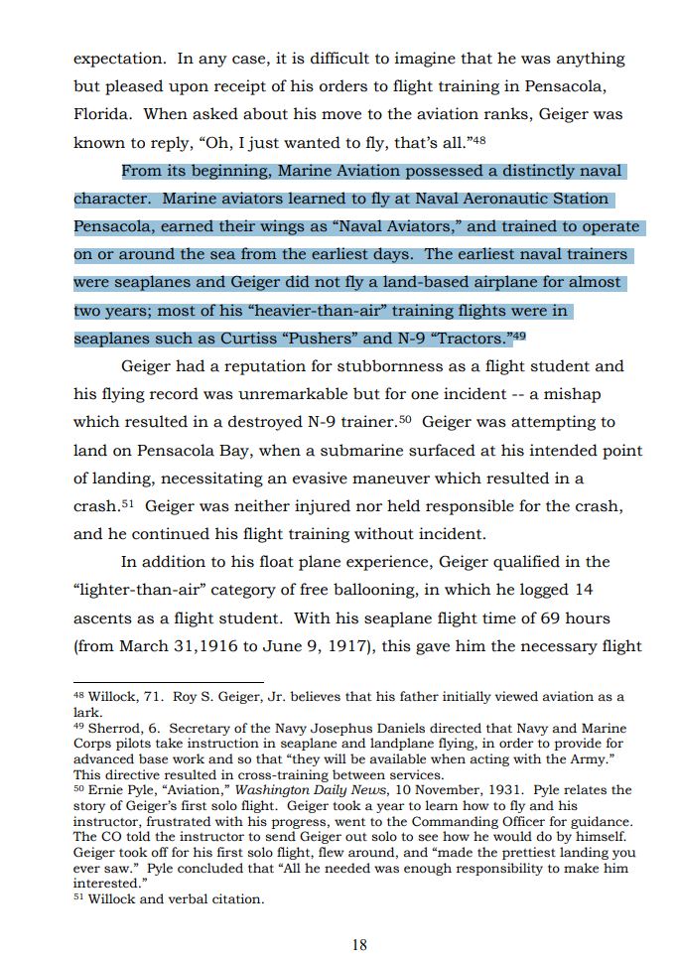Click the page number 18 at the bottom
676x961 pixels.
pyautogui.click(x=359, y=944)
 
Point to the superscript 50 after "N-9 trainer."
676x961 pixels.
pyautogui.click(x=404, y=419)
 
